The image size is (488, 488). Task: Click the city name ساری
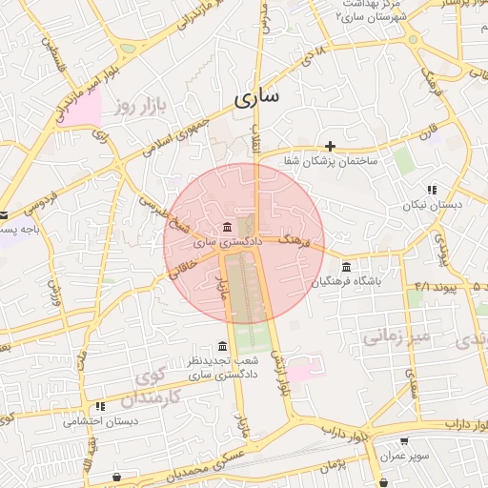pos(255,98)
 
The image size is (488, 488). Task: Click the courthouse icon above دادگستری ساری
pos(227,227)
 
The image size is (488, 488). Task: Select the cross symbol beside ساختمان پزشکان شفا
pos(330,146)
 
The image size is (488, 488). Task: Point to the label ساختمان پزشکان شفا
pos(330,161)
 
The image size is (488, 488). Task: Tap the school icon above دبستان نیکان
pos(432,190)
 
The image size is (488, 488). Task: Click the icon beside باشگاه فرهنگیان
pos(345,266)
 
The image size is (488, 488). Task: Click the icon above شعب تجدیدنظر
pos(222,345)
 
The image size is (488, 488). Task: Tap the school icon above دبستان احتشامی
pos(101,406)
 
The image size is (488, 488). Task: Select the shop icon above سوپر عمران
pos(405,442)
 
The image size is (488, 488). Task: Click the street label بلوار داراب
pos(348,430)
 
